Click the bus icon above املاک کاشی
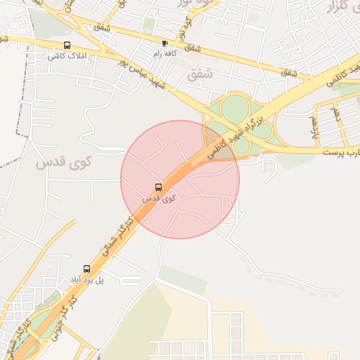pos(67,45)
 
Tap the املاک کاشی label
pos(67,56)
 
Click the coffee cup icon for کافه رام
pos(165,43)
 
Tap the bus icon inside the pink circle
pos(158,188)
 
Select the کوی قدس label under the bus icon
pos(159,199)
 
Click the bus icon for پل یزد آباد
pos(86,269)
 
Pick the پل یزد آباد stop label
pos(86,280)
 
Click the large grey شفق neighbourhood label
pos(200,72)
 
